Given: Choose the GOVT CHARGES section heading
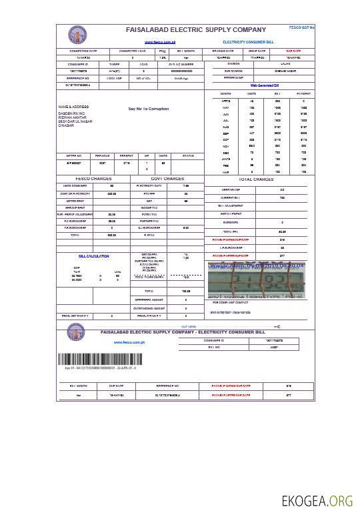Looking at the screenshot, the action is coord(167,179).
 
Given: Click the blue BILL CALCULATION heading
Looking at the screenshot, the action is coord(93,256).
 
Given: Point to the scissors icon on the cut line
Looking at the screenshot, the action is coord(277,326).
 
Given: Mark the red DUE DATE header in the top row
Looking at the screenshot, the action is coord(293,51).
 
